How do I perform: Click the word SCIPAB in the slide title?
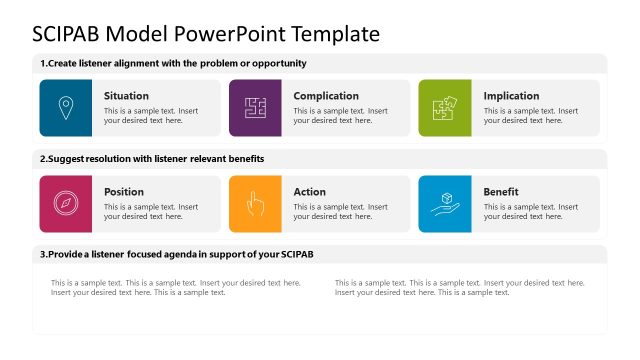click(x=69, y=33)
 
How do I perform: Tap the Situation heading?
click(x=126, y=96)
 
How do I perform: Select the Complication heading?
click(x=326, y=96)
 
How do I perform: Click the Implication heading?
click(x=511, y=96)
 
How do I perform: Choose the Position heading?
click(x=124, y=192)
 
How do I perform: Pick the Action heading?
click(x=309, y=192)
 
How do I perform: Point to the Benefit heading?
click(x=501, y=192)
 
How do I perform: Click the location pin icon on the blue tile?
click(x=65, y=108)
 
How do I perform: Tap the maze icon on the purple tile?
click(x=255, y=108)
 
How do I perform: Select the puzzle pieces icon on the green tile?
click(x=444, y=108)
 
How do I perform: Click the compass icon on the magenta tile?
click(x=65, y=204)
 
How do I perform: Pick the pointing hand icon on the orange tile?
click(x=255, y=204)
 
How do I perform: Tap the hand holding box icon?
click(x=444, y=204)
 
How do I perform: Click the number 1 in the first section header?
click(x=42, y=63)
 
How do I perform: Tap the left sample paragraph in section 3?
click(x=176, y=288)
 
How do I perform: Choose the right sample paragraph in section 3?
click(x=459, y=288)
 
